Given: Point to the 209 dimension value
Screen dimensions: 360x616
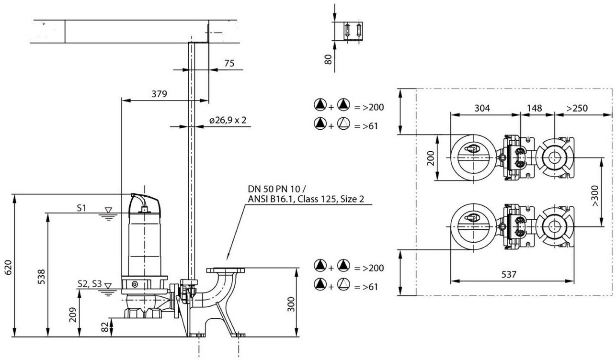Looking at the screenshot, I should coord(73,314).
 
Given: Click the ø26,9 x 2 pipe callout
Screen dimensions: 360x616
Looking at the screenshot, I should coord(228,120).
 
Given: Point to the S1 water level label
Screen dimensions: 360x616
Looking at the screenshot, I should coord(81,208).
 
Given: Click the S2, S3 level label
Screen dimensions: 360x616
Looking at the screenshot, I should coord(89,284).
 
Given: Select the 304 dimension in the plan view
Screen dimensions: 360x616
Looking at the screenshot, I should coord(482,108).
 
